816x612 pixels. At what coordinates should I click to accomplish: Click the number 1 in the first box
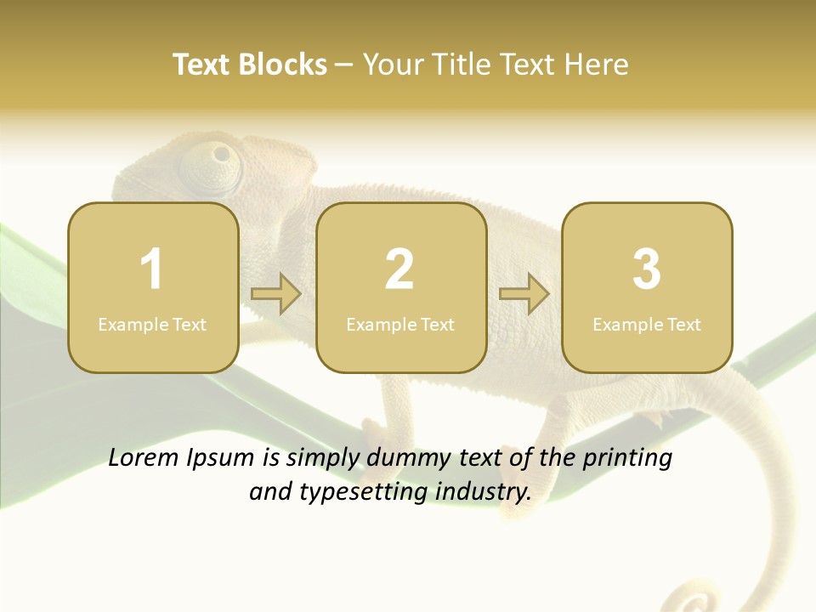151,269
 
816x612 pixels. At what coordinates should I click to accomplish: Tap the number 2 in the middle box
399,269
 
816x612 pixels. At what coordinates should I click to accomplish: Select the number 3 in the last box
647,269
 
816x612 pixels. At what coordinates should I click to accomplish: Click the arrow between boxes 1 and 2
276,294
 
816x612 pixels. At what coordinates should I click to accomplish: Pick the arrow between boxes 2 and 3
524,294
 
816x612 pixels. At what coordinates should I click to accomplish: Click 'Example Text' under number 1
152,325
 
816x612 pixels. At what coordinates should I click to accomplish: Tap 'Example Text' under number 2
400,325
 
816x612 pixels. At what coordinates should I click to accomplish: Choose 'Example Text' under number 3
647,325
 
